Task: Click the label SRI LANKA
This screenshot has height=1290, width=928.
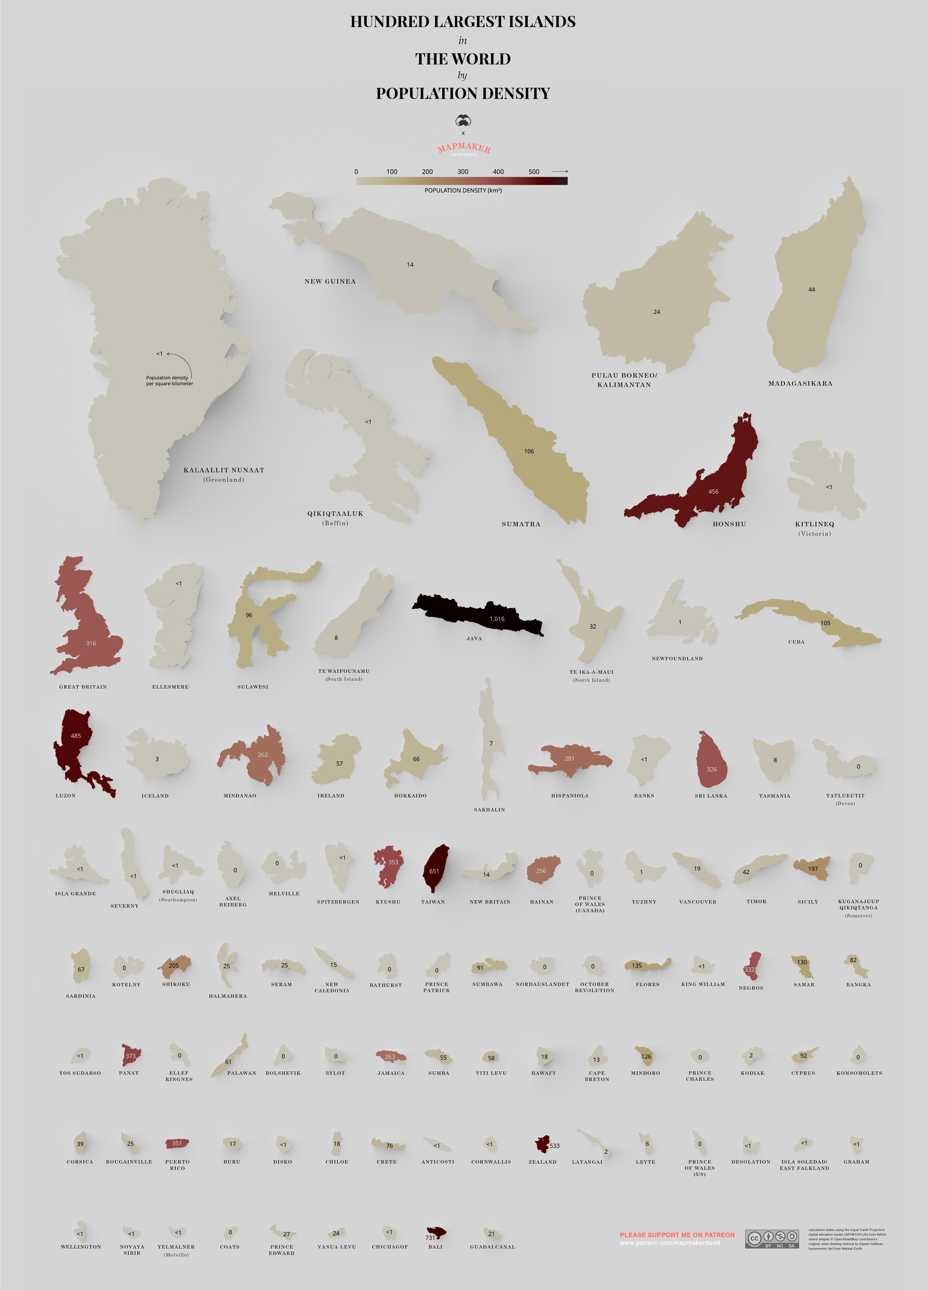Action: pyautogui.click(x=711, y=796)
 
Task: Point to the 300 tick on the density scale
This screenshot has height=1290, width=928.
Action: pyautogui.click(x=463, y=172)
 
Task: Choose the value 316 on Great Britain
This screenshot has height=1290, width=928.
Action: pyautogui.click(x=91, y=643)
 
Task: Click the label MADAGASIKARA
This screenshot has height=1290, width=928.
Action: pyautogui.click(x=800, y=383)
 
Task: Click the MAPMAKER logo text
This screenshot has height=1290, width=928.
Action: pyautogui.click(x=464, y=148)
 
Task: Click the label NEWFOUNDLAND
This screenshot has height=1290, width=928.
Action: pyautogui.click(x=677, y=659)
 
